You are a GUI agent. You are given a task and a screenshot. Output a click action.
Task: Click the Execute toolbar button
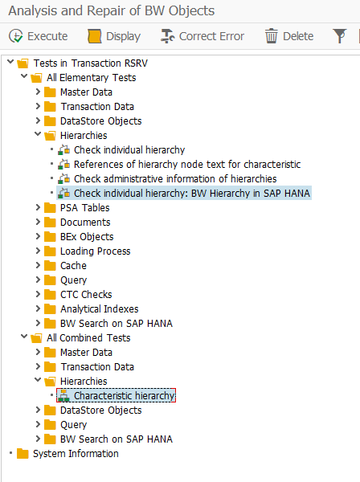pyautogui.click(x=38, y=36)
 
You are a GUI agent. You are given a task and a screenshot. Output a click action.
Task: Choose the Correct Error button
pyautogui.click(x=202, y=36)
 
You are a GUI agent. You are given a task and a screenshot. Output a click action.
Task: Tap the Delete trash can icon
pyautogui.click(x=271, y=36)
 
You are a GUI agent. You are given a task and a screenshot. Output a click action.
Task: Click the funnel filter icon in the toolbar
pyautogui.click(x=340, y=36)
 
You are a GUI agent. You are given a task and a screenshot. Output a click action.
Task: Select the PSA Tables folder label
pyautogui.click(x=85, y=208)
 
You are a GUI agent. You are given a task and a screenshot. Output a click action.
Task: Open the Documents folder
pyautogui.click(x=85, y=223)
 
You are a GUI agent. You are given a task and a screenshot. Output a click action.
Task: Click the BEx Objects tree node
pyautogui.click(x=87, y=237)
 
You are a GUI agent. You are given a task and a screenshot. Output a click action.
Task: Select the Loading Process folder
pyautogui.click(x=96, y=251)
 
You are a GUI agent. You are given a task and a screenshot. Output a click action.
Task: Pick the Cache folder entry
pyautogui.click(x=73, y=266)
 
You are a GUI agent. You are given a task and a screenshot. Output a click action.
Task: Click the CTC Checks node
pyautogui.click(x=86, y=295)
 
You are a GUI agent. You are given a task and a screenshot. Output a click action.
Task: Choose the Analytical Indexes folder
pyautogui.click(x=100, y=309)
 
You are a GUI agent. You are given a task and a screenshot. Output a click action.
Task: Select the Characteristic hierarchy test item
pyautogui.click(x=125, y=395)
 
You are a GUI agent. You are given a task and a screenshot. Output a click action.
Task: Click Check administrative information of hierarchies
pyautogui.click(x=175, y=179)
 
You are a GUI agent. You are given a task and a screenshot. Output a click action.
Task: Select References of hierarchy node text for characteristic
pyautogui.click(x=187, y=165)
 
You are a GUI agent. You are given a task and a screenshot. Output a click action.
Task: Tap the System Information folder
pyautogui.click(x=76, y=454)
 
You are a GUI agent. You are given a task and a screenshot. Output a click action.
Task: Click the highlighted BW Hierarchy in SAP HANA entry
pyautogui.click(x=192, y=194)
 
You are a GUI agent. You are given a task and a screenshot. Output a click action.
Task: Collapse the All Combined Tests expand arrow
pyautogui.click(x=24, y=337)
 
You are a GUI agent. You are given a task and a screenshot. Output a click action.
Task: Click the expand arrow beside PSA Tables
pyautogui.click(x=38, y=207)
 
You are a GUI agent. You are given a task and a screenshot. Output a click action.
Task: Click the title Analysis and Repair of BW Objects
pyautogui.click(x=111, y=10)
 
